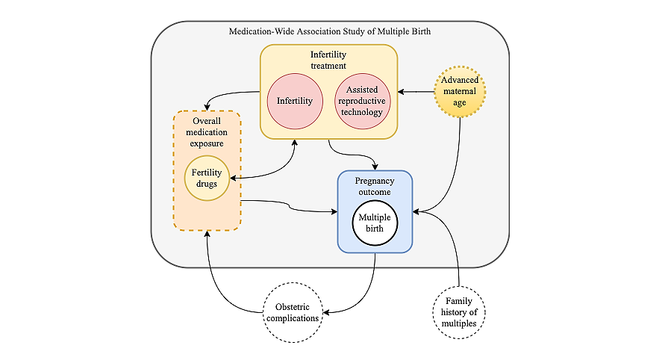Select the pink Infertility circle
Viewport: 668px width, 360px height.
pyautogui.click(x=294, y=100)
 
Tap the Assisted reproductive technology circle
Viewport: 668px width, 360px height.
pyautogui.click(x=363, y=100)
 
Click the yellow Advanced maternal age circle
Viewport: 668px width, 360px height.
pyautogui.click(x=460, y=92)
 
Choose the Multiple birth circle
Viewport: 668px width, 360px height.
pyautogui.click(x=375, y=223)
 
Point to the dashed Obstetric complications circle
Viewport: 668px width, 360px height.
pyautogui.click(x=292, y=312)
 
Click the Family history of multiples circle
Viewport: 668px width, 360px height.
pyautogui.click(x=460, y=311)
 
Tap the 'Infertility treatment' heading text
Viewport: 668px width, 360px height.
pyautogui.click(x=328, y=60)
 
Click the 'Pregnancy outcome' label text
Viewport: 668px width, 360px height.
pyautogui.click(x=375, y=187)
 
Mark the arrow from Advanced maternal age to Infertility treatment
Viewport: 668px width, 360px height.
pyautogui.click(x=416, y=92)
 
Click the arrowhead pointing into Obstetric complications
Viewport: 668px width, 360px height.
pyautogui.click(x=326, y=311)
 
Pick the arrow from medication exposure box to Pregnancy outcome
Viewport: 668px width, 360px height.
pyautogui.click(x=291, y=206)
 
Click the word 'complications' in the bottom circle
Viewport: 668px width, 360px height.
pyautogui.click(x=292, y=318)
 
